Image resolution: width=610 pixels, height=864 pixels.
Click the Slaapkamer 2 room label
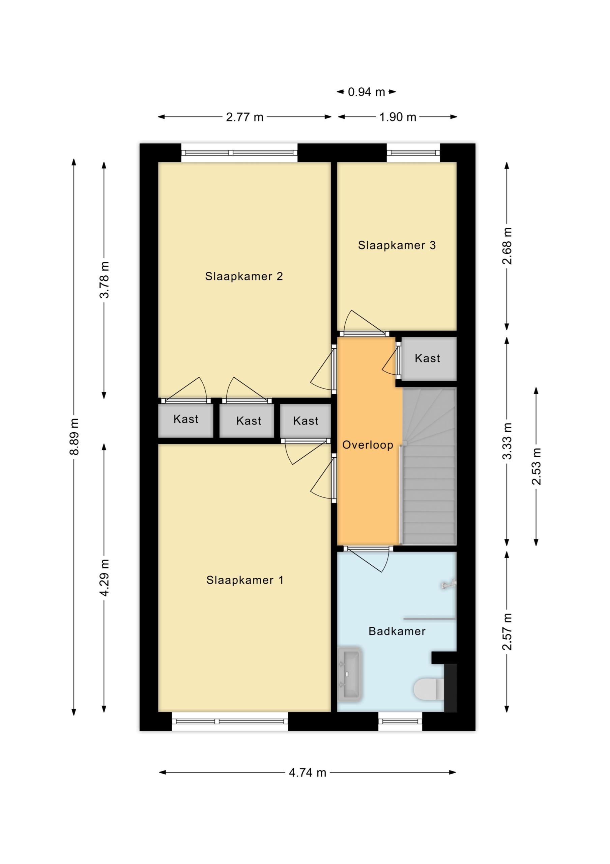point(244,277)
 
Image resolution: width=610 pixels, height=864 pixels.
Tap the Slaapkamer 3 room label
point(397,245)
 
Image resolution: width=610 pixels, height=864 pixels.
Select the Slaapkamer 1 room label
point(245,580)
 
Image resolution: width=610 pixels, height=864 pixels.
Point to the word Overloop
point(368,445)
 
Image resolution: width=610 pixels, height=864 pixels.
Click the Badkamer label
point(397,631)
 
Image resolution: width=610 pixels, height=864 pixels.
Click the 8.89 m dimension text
point(74,436)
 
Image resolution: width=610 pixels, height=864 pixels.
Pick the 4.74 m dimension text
point(307,773)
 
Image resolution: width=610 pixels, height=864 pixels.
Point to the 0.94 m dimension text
point(366,92)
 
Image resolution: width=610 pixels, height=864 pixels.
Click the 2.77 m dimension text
point(244,117)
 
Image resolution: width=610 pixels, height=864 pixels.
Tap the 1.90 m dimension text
point(398,117)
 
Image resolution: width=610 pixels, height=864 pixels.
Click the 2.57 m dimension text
point(507,632)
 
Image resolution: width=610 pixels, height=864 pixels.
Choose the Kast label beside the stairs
point(427,358)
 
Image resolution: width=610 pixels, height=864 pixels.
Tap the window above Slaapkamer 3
point(413,153)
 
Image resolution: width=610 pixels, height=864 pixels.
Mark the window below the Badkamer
point(400,721)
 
